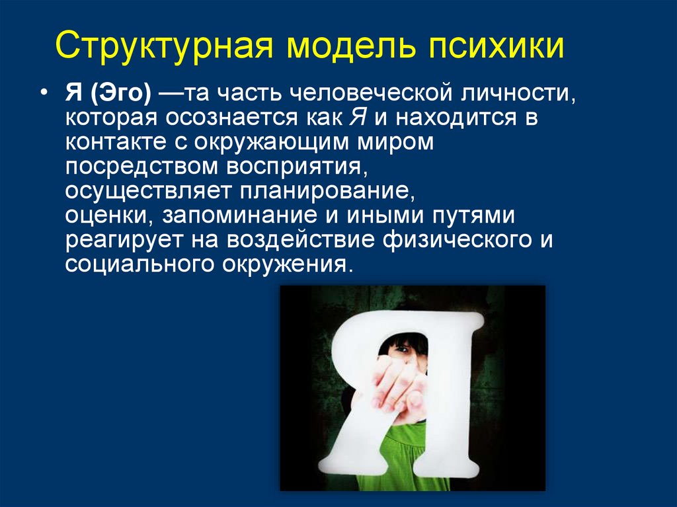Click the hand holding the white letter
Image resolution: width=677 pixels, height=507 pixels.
[395, 391]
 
